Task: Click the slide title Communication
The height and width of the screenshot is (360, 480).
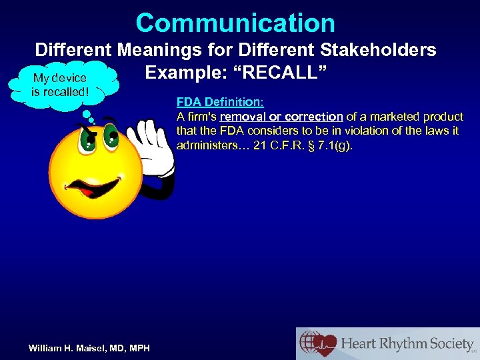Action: pyautogui.click(x=235, y=23)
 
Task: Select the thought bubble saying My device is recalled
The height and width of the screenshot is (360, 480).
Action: pyautogui.click(x=59, y=85)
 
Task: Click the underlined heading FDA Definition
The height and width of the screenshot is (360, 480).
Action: pyautogui.click(x=220, y=103)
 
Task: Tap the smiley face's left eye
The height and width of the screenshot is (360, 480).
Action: pyautogui.click(x=87, y=137)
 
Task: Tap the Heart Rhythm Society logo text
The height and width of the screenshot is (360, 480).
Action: pyautogui.click(x=407, y=344)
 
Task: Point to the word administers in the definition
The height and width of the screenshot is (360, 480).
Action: pyautogui.click(x=207, y=146)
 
